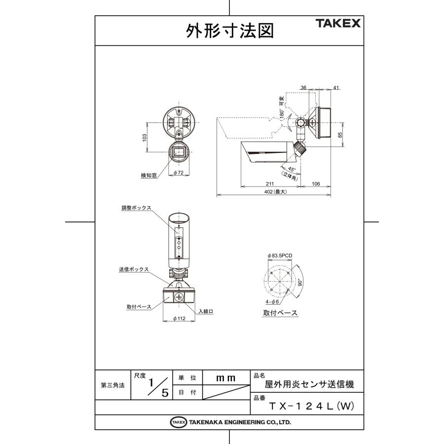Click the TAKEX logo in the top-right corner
(x=338, y=23)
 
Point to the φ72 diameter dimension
(x=178, y=173)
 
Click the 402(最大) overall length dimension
(x=275, y=192)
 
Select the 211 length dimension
(x=269, y=183)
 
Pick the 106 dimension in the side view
(x=316, y=183)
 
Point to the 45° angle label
(x=292, y=169)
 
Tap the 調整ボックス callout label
(x=136, y=208)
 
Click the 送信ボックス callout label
(x=134, y=269)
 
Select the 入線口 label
(x=205, y=311)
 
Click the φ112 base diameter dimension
(x=179, y=319)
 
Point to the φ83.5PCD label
(x=280, y=255)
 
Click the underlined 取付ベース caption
(x=280, y=313)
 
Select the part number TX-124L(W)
(x=312, y=407)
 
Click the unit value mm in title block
(x=226, y=378)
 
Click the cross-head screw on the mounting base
(x=179, y=297)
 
